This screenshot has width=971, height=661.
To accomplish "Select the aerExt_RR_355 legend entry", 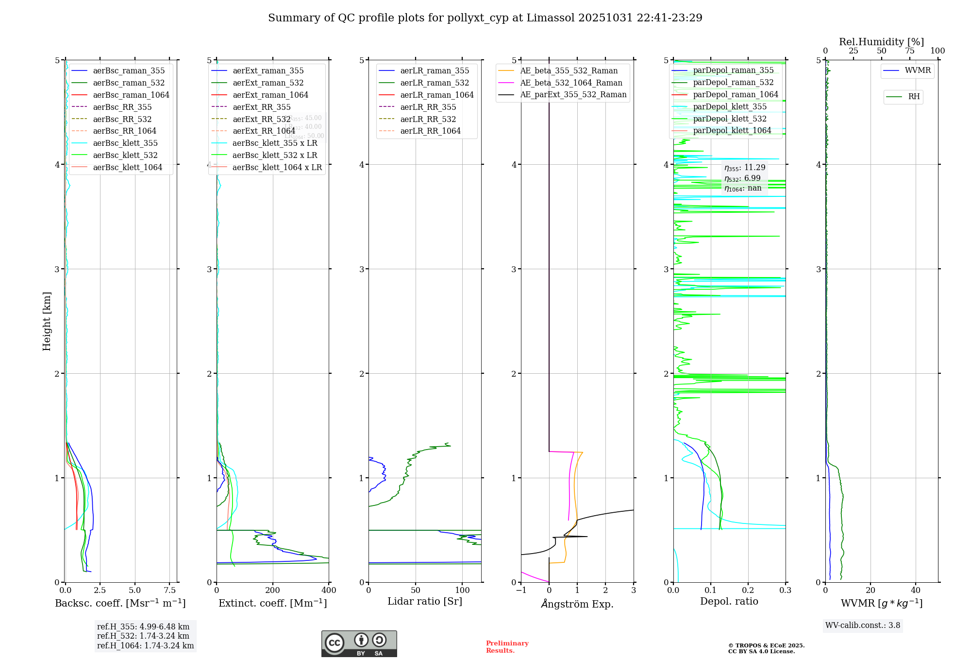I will [x=261, y=107].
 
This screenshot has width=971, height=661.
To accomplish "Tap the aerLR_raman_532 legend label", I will [x=435, y=83].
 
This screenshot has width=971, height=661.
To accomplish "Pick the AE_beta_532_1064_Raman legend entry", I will [x=571, y=83].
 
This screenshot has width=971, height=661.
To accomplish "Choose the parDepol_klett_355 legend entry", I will [x=730, y=106].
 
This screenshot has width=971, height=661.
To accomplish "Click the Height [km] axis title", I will [x=47, y=321].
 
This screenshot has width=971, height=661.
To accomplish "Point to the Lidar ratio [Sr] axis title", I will [x=425, y=601].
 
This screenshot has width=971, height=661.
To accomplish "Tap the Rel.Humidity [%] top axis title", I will [x=881, y=42].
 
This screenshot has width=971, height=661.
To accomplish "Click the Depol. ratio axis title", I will [x=729, y=601].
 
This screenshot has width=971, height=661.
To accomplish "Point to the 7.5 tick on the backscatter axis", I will [x=169, y=591].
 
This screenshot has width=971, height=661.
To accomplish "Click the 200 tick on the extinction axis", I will [x=273, y=591].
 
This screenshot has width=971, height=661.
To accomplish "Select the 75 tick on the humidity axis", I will [x=909, y=51].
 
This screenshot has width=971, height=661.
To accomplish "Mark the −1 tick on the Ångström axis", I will [x=521, y=591].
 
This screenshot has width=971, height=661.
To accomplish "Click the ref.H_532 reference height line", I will [x=143, y=636].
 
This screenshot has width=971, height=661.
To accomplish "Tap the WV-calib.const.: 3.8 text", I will [x=863, y=626].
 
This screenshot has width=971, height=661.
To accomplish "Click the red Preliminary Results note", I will [x=507, y=647].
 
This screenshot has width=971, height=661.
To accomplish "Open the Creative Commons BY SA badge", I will [x=359, y=644].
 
